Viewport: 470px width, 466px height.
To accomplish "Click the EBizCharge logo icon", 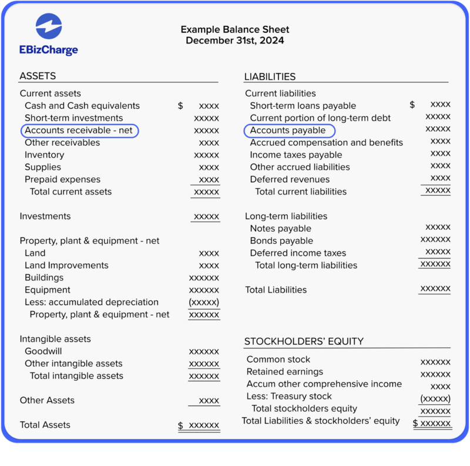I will [x=48, y=26].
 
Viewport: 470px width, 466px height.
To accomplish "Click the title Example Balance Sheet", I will [x=234, y=29].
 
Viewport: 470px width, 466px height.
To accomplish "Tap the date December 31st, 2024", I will [x=234, y=41].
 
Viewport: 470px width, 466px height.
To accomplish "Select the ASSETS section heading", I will [x=38, y=76].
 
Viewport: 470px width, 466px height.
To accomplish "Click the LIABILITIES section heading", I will [x=270, y=76].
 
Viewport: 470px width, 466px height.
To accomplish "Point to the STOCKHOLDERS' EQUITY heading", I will [x=304, y=341].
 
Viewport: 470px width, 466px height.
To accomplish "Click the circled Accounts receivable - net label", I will [x=79, y=130].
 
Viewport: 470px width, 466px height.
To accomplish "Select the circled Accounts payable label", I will [x=288, y=130].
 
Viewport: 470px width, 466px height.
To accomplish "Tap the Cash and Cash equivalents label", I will [x=82, y=106].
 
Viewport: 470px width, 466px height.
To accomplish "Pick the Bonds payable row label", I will [x=281, y=241].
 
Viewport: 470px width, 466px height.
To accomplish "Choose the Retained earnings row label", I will [x=285, y=372].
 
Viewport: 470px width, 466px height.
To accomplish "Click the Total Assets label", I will [x=45, y=425].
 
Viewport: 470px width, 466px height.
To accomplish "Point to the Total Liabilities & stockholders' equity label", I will [x=321, y=421].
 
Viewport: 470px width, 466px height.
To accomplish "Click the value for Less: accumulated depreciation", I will [x=204, y=302].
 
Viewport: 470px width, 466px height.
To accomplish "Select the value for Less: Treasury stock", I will [x=435, y=398].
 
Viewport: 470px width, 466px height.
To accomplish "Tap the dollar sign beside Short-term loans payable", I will [x=412, y=105].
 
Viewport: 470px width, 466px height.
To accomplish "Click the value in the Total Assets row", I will [x=203, y=425].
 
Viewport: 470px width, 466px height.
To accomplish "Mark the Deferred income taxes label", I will [x=298, y=253].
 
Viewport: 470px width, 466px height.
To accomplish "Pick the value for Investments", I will [x=206, y=217].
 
